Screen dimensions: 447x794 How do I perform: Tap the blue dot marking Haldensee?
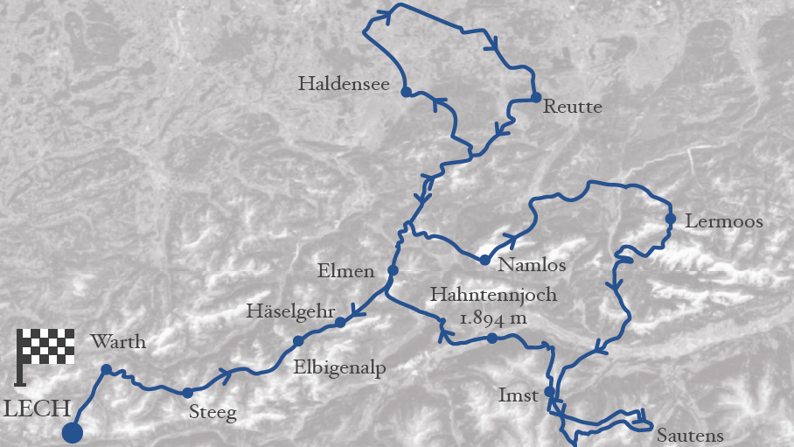[406, 91]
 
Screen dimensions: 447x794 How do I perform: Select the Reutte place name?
[573, 108]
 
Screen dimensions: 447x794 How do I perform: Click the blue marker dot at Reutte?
[536, 97]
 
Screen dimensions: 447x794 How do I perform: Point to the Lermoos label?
[724, 222]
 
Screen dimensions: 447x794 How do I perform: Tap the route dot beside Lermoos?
[670, 219]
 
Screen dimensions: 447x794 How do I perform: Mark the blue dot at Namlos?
[484, 260]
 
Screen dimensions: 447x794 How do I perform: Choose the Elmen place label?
[345, 271]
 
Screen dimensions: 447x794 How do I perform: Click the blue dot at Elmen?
[393, 270]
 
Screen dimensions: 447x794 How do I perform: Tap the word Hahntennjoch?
[492, 295]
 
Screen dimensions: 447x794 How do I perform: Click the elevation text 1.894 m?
[493, 318]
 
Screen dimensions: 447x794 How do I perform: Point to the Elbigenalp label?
[340, 367]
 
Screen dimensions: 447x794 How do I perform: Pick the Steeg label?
[212, 413]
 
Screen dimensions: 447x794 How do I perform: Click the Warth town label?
[118, 342]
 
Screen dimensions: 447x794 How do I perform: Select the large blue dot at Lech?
[73, 431]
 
